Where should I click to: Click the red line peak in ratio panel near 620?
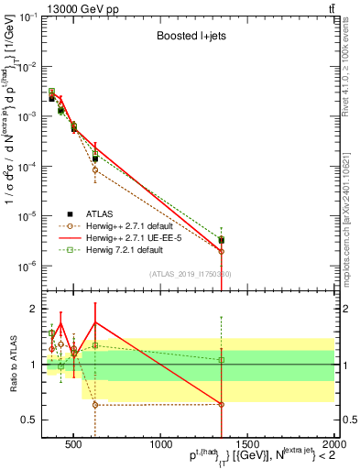click(x=95, y=322)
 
